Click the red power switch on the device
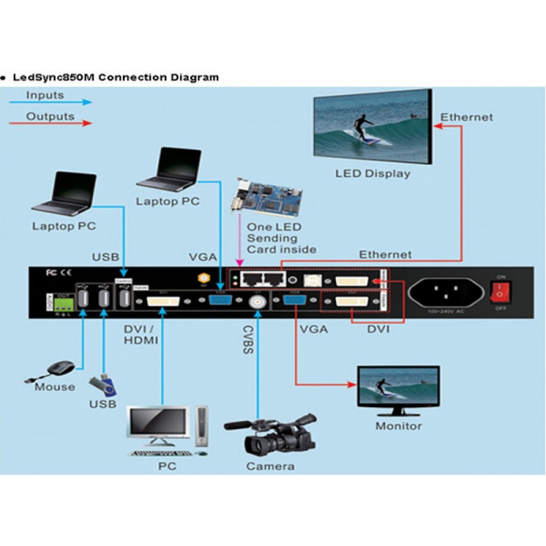(500, 292)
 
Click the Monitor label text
(398, 426)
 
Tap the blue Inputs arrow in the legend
(50, 102)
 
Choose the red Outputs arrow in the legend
(50, 123)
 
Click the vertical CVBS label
(248, 339)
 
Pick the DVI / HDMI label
(141, 334)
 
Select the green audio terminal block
(63, 304)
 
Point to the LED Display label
(373, 174)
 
